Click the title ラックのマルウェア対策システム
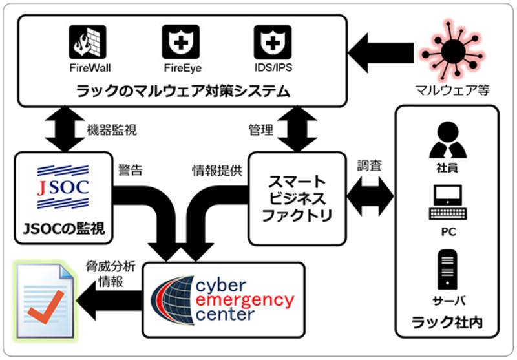tap(180, 90)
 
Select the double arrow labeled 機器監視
tap(63, 129)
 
